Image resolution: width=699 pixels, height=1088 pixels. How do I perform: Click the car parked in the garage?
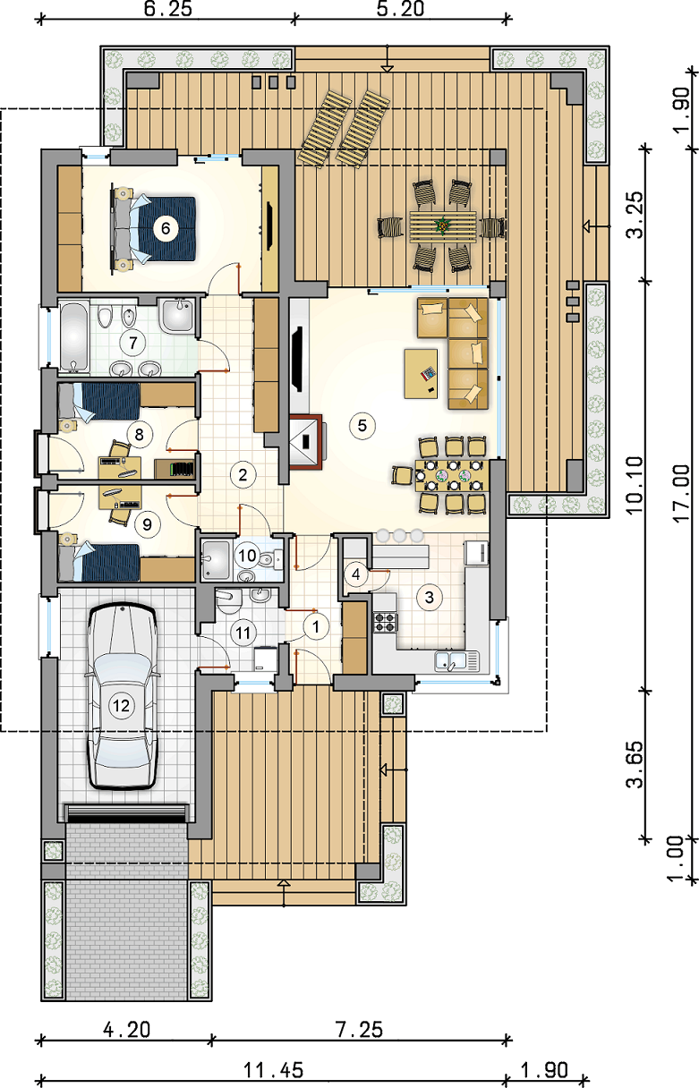tap(122, 696)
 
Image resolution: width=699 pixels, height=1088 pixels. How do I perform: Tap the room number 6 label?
tap(166, 228)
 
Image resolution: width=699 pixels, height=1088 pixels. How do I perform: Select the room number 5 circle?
tap(362, 426)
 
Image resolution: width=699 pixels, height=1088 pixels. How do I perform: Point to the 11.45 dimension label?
tap(273, 1070)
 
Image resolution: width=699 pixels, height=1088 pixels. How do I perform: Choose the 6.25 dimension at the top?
tap(168, 9)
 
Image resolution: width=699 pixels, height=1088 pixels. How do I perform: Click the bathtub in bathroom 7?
tap(74, 336)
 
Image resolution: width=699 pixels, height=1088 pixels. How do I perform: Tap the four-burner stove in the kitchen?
tap(385, 623)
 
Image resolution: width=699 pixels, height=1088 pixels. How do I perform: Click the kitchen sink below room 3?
tap(456, 661)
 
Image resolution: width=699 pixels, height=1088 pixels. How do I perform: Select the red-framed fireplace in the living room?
tap(305, 441)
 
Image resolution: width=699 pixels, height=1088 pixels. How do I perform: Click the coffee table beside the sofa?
tap(421, 373)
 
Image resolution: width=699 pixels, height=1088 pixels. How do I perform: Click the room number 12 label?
tap(122, 706)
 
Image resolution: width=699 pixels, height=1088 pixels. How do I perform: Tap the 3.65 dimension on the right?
tap(635, 764)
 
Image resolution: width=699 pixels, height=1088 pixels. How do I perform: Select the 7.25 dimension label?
tap(360, 1030)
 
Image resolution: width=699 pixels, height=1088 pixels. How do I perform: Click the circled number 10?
tap(247, 556)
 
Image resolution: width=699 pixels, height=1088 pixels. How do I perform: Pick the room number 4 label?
tap(356, 574)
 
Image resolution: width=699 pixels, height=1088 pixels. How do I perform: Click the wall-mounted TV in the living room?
tap(297, 360)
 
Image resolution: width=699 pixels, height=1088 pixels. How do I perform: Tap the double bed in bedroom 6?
tap(155, 229)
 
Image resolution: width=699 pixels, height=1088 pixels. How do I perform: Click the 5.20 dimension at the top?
tap(401, 9)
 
